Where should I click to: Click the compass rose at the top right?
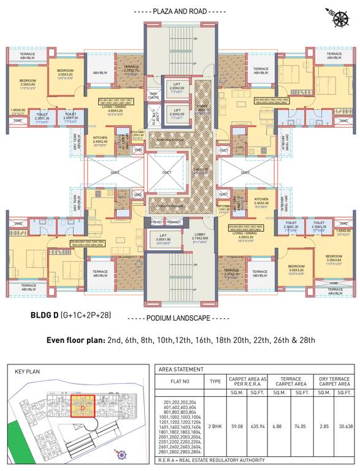(x=337, y=17)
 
